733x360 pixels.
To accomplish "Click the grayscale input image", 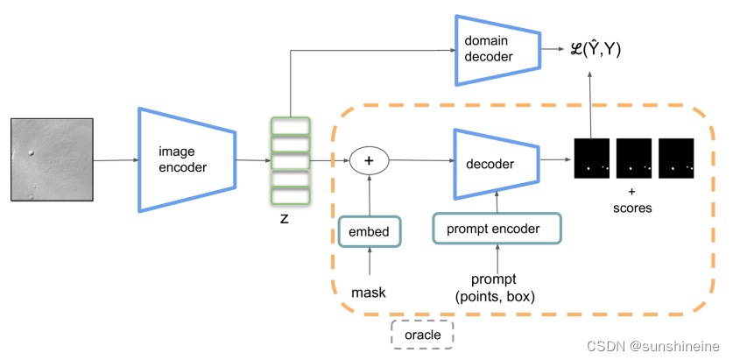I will [51, 159].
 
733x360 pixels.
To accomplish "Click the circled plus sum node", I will [369, 160].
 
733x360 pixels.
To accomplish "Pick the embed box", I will [369, 232].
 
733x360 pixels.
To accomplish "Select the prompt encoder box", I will [497, 229].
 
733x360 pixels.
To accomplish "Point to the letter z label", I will [284, 218].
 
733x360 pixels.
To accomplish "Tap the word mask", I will [369, 291].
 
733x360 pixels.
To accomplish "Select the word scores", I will [632, 209].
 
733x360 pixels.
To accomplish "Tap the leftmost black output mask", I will [590, 159].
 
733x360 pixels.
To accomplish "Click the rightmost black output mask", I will [675, 159].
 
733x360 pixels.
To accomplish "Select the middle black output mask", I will [633, 159].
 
